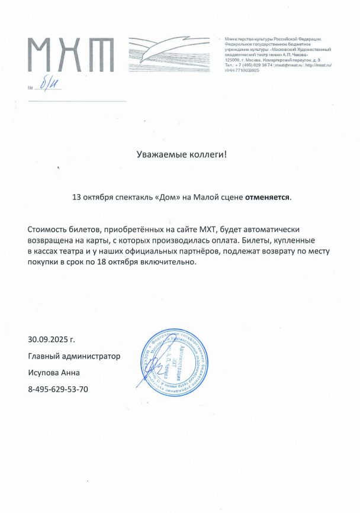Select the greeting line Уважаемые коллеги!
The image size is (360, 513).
click(181, 155)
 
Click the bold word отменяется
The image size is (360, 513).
click(268, 198)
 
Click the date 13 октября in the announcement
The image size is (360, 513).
click(92, 198)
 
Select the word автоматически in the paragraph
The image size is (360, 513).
click(278, 230)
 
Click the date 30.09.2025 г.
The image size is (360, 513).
click(52, 340)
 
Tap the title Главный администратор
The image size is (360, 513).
click(74, 356)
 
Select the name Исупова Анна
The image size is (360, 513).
click(53, 373)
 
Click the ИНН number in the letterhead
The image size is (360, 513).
click(242, 70)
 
